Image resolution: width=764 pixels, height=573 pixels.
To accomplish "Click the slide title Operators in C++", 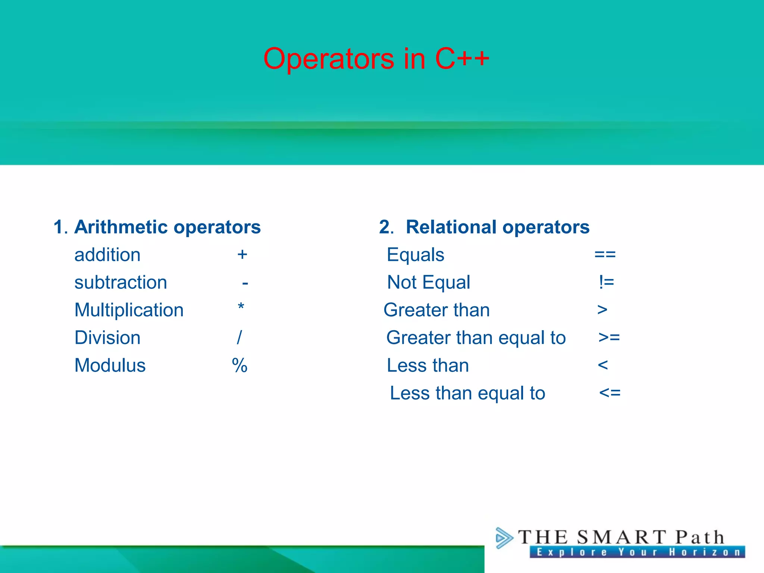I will coord(376,59).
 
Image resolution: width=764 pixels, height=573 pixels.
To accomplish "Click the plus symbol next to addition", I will coord(242,255).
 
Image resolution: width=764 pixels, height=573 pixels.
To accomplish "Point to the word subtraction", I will coord(120,282).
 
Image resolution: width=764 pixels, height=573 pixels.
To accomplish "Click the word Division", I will coord(107,338).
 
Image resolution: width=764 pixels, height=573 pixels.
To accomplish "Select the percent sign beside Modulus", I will coord(239,365).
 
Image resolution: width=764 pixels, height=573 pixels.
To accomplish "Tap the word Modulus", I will coord(110,365).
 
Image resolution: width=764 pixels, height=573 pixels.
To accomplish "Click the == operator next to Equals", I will coord(605,255).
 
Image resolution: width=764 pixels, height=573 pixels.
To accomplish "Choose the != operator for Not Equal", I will coord(606,282).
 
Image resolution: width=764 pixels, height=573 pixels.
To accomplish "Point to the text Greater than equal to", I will coord(476,338).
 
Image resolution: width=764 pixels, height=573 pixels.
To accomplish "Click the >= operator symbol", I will coord(609,338).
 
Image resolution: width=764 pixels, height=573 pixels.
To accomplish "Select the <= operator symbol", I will coord(610,393).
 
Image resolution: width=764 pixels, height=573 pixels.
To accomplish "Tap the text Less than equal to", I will coord(467,393).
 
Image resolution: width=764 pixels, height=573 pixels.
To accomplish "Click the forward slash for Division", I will coord(239,338).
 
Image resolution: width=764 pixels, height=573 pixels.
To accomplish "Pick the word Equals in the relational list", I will coord(416,255).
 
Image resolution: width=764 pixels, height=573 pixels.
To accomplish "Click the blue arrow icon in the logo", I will coord(504,538).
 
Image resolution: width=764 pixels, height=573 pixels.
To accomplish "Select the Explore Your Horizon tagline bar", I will coord(637,552).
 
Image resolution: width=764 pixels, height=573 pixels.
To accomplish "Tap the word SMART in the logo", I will coord(621,538).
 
